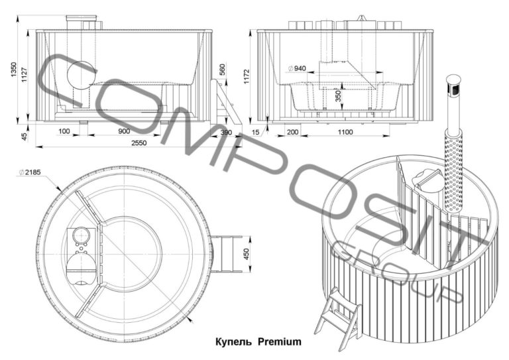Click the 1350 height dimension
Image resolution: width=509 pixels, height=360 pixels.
pyautogui.click(x=13, y=70)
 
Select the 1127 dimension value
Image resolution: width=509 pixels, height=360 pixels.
pyautogui.click(x=25, y=74)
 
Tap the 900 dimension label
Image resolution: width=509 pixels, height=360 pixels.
pyautogui.click(x=124, y=131)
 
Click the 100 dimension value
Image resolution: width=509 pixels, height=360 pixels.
pyautogui.click(x=64, y=131)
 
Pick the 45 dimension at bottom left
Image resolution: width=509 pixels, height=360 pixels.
pyautogui.click(x=25, y=137)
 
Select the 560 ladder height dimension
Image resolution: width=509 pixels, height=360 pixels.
pyautogui.click(x=222, y=70)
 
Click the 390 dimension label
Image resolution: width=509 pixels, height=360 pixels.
pyautogui.click(x=226, y=133)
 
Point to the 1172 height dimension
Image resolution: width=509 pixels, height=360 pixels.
pyautogui.click(x=247, y=77)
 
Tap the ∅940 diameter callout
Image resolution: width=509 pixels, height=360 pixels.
pyautogui.click(x=297, y=68)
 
